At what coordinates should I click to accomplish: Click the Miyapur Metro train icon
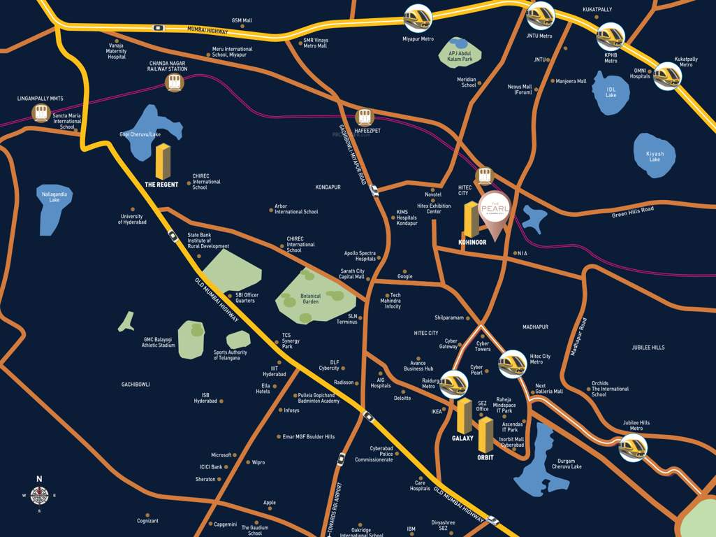tap(418, 17)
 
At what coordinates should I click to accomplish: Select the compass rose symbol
tap(39, 496)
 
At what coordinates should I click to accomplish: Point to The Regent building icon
tap(163, 162)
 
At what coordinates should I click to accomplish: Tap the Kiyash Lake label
tap(655, 156)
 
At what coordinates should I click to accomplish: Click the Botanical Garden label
tap(310, 299)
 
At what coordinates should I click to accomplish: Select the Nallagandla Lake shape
tap(54, 208)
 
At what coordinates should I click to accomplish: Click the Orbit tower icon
tap(485, 434)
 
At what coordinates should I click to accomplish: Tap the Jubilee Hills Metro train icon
tap(632, 447)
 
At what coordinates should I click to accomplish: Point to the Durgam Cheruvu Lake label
tap(566, 464)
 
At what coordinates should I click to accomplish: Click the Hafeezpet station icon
tap(365, 117)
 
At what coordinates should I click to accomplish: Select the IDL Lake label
tap(611, 92)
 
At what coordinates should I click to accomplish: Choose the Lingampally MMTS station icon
tap(40, 113)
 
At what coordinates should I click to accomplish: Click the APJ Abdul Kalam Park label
tap(460, 57)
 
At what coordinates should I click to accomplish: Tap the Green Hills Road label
tap(633, 210)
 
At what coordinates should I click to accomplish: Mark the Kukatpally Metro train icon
tap(666, 75)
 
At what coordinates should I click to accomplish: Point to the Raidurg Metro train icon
tap(453, 383)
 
